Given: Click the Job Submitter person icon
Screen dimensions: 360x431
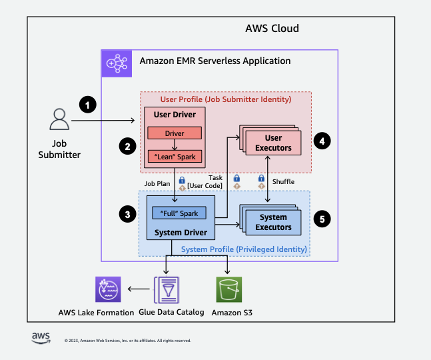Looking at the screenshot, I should tap(59, 121).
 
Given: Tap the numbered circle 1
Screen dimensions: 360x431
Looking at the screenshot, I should tap(87, 104).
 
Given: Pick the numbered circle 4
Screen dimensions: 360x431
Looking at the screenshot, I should tap(322, 141).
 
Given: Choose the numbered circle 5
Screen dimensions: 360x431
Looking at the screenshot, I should tap(322, 218).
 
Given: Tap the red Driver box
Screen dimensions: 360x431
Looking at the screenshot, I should tap(175, 133).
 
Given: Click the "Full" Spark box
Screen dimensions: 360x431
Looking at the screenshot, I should tap(179, 213).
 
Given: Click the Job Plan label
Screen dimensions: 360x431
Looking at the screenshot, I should tap(157, 181).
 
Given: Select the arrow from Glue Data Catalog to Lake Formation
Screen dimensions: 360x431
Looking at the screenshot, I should tap(139, 289).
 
